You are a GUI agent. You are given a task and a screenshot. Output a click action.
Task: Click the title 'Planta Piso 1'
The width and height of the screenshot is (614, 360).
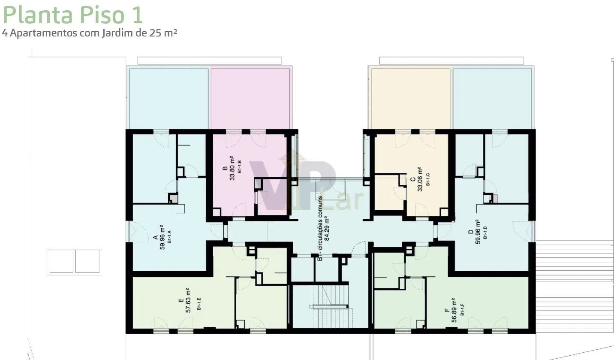pos(72,15)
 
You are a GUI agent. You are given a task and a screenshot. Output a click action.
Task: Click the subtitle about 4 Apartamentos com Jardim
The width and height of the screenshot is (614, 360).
pos(89,33)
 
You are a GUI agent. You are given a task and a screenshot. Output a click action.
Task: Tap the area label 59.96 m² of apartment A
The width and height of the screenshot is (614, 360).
pos(162,237)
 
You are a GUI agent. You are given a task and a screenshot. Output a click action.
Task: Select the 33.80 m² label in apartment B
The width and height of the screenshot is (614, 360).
pos(232,168)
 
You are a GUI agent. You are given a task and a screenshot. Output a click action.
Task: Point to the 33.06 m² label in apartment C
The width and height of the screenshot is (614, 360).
pos(420,179)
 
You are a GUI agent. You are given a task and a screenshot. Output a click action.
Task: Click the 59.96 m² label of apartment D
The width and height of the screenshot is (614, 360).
pos(478,232)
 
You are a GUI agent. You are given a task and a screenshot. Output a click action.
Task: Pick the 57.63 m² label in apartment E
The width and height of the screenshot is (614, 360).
pos(188,300)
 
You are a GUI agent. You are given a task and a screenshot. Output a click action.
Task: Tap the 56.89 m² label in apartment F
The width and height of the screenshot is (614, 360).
pos(454,310)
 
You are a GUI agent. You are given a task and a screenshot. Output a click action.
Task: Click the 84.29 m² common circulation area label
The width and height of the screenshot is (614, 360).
pos(326,229)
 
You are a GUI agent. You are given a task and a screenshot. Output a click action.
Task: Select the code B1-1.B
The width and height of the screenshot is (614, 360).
pos(239,166)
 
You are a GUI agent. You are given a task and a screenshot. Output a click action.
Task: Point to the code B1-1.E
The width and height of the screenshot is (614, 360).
pos(199,304)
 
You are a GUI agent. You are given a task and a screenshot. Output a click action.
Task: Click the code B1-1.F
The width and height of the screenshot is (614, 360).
pos(462,309)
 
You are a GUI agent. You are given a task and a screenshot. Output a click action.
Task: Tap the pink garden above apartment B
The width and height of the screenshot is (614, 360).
pos(250,99)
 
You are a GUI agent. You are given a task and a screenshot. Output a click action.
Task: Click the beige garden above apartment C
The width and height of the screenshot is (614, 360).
pos(411,99)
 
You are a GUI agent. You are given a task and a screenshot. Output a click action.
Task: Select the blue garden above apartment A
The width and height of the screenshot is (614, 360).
pos(169,99)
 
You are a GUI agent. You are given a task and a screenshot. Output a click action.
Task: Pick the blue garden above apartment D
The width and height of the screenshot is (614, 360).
pos(492,99)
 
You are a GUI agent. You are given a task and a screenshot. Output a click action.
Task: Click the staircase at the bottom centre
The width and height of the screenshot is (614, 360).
pos(330,306)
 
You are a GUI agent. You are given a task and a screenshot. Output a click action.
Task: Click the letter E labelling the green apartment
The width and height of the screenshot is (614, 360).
pos(181,300)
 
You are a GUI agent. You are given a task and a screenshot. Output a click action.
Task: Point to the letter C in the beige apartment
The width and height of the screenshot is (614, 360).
pos(413,179)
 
